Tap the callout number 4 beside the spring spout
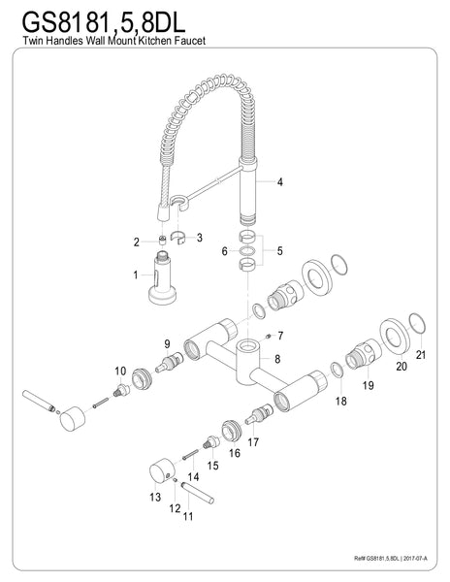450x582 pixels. pos(279,182)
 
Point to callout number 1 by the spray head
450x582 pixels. pos(137,275)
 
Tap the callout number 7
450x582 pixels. pos(278,336)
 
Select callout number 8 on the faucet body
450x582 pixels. pos(278,359)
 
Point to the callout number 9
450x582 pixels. pos(168,342)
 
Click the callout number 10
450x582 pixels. pos(120,371)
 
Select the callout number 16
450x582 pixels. pos(234,452)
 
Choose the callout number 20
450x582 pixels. pos(400,367)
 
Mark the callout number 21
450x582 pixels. pos(419,356)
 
